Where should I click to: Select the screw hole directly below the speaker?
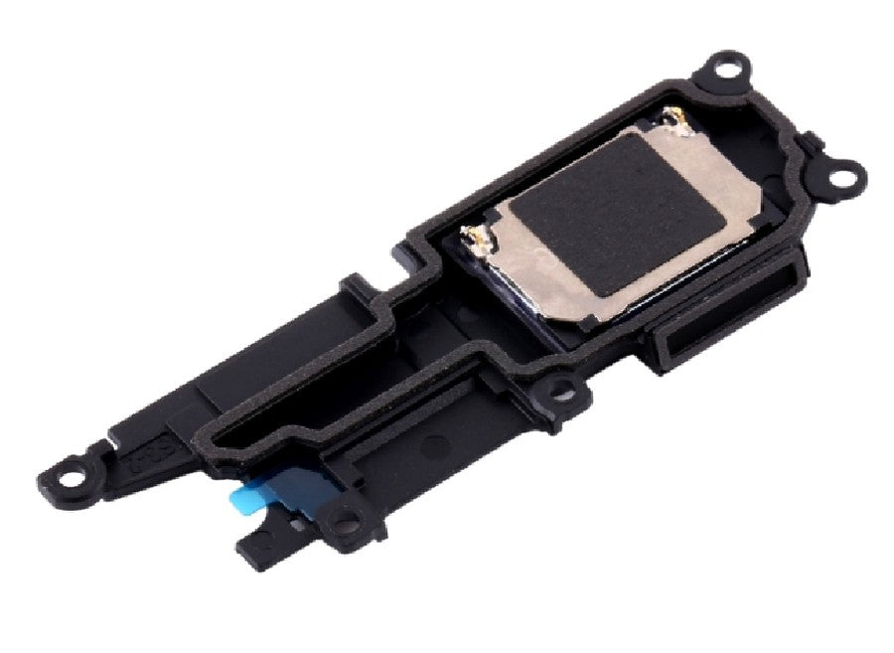[x=563, y=391]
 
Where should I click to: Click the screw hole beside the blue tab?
[x=345, y=517]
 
